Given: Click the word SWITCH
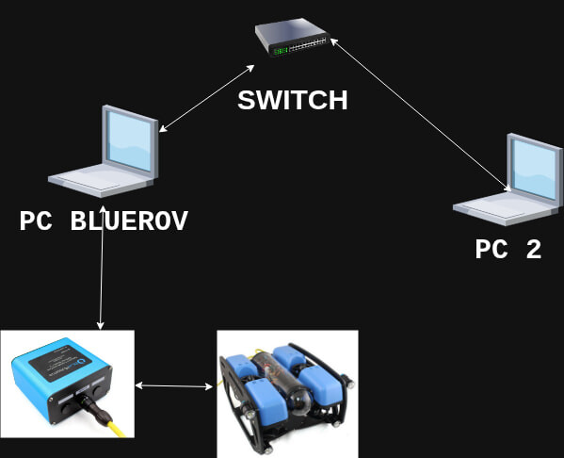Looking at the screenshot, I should click(x=293, y=100).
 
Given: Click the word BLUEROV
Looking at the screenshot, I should click(x=130, y=222).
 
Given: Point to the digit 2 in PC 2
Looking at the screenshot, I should click(x=533, y=250).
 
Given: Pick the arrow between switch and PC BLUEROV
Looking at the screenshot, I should click(x=207, y=99).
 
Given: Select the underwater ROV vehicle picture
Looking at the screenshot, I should click(x=287, y=391).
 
